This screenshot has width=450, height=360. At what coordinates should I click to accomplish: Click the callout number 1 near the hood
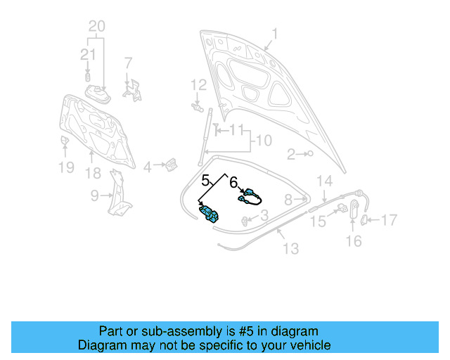pos(276,33)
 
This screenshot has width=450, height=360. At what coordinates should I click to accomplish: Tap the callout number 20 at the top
pos(96,27)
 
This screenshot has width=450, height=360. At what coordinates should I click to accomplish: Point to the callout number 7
pos(128,63)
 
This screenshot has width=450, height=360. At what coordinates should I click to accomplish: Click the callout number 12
pos(198,85)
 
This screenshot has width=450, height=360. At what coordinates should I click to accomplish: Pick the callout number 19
pos(65,167)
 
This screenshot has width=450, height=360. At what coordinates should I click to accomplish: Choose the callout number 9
pos(94,195)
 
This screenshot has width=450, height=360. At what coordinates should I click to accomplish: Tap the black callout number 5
pos(206,179)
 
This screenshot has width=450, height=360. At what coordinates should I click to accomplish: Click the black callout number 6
pos(233,181)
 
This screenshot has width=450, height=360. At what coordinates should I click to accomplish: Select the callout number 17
pos(389,220)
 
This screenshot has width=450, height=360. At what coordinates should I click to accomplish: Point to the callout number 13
pos(290,248)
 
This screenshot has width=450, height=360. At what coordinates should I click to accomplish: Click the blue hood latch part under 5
pos(210,213)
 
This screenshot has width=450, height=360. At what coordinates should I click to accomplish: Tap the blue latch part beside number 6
pos(250,195)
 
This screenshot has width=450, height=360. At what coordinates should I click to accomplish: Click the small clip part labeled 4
pos(171,166)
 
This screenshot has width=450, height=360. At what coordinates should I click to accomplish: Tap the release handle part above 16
pos(354,209)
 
